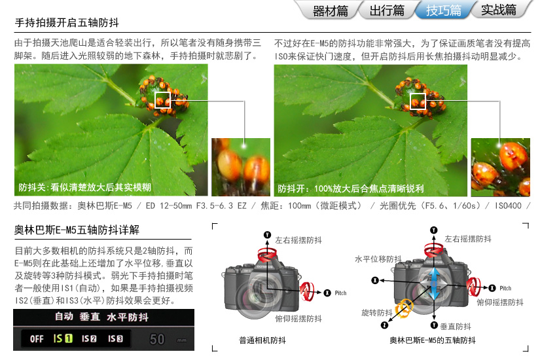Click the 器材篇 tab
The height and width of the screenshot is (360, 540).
[x=330, y=10]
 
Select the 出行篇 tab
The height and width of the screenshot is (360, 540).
[x=387, y=10]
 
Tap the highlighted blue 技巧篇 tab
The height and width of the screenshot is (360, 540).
[x=444, y=10]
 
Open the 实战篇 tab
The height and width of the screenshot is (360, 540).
[x=498, y=10]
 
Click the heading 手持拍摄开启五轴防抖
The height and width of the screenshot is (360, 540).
[x=67, y=23]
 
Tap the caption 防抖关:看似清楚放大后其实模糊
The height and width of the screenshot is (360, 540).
[x=84, y=187]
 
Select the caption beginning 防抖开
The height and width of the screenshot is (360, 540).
[x=351, y=189]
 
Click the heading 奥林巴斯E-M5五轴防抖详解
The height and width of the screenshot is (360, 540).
[x=77, y=230]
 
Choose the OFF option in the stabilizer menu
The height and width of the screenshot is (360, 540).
[x=37, y=339]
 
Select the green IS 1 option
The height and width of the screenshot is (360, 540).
[x=63, y=338]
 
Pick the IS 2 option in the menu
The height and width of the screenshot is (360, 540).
[x=89, y=339]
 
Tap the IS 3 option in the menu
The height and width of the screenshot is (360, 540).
[x=115, y=339]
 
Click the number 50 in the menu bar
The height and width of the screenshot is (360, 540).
[x=157, y=340]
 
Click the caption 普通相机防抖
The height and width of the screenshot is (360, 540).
[x=262, y=340]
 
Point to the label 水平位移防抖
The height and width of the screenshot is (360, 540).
[x=378, y=259]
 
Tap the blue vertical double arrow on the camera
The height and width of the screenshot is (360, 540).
[x=434, y=283]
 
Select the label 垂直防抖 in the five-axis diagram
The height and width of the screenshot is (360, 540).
[x=456, y=326]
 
